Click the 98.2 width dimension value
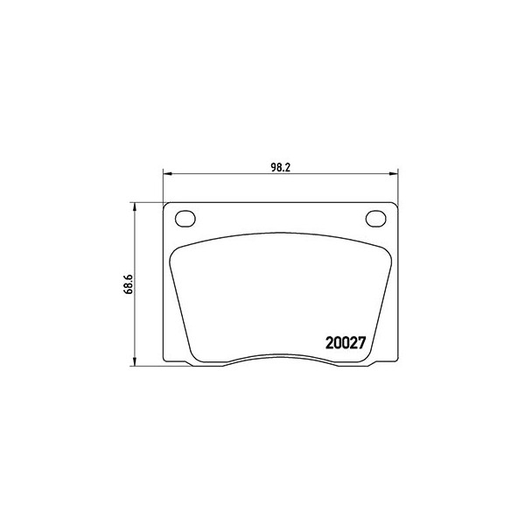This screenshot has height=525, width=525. tap(280, 168)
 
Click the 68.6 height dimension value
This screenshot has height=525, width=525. tap(129, 284)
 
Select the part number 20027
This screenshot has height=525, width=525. tap(346, 343)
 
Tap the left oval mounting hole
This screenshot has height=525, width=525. tap(185, 219)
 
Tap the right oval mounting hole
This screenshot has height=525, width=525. tap(375, 219)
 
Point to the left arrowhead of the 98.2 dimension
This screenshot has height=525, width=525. tap(167, 173)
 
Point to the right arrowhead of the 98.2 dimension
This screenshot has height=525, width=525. tap(394, 173)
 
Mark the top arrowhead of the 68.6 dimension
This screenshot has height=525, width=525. tap(135, 206)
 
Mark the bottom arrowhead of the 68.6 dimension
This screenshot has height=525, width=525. tap(135, 361)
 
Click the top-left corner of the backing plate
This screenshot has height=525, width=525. tap(164, 203)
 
